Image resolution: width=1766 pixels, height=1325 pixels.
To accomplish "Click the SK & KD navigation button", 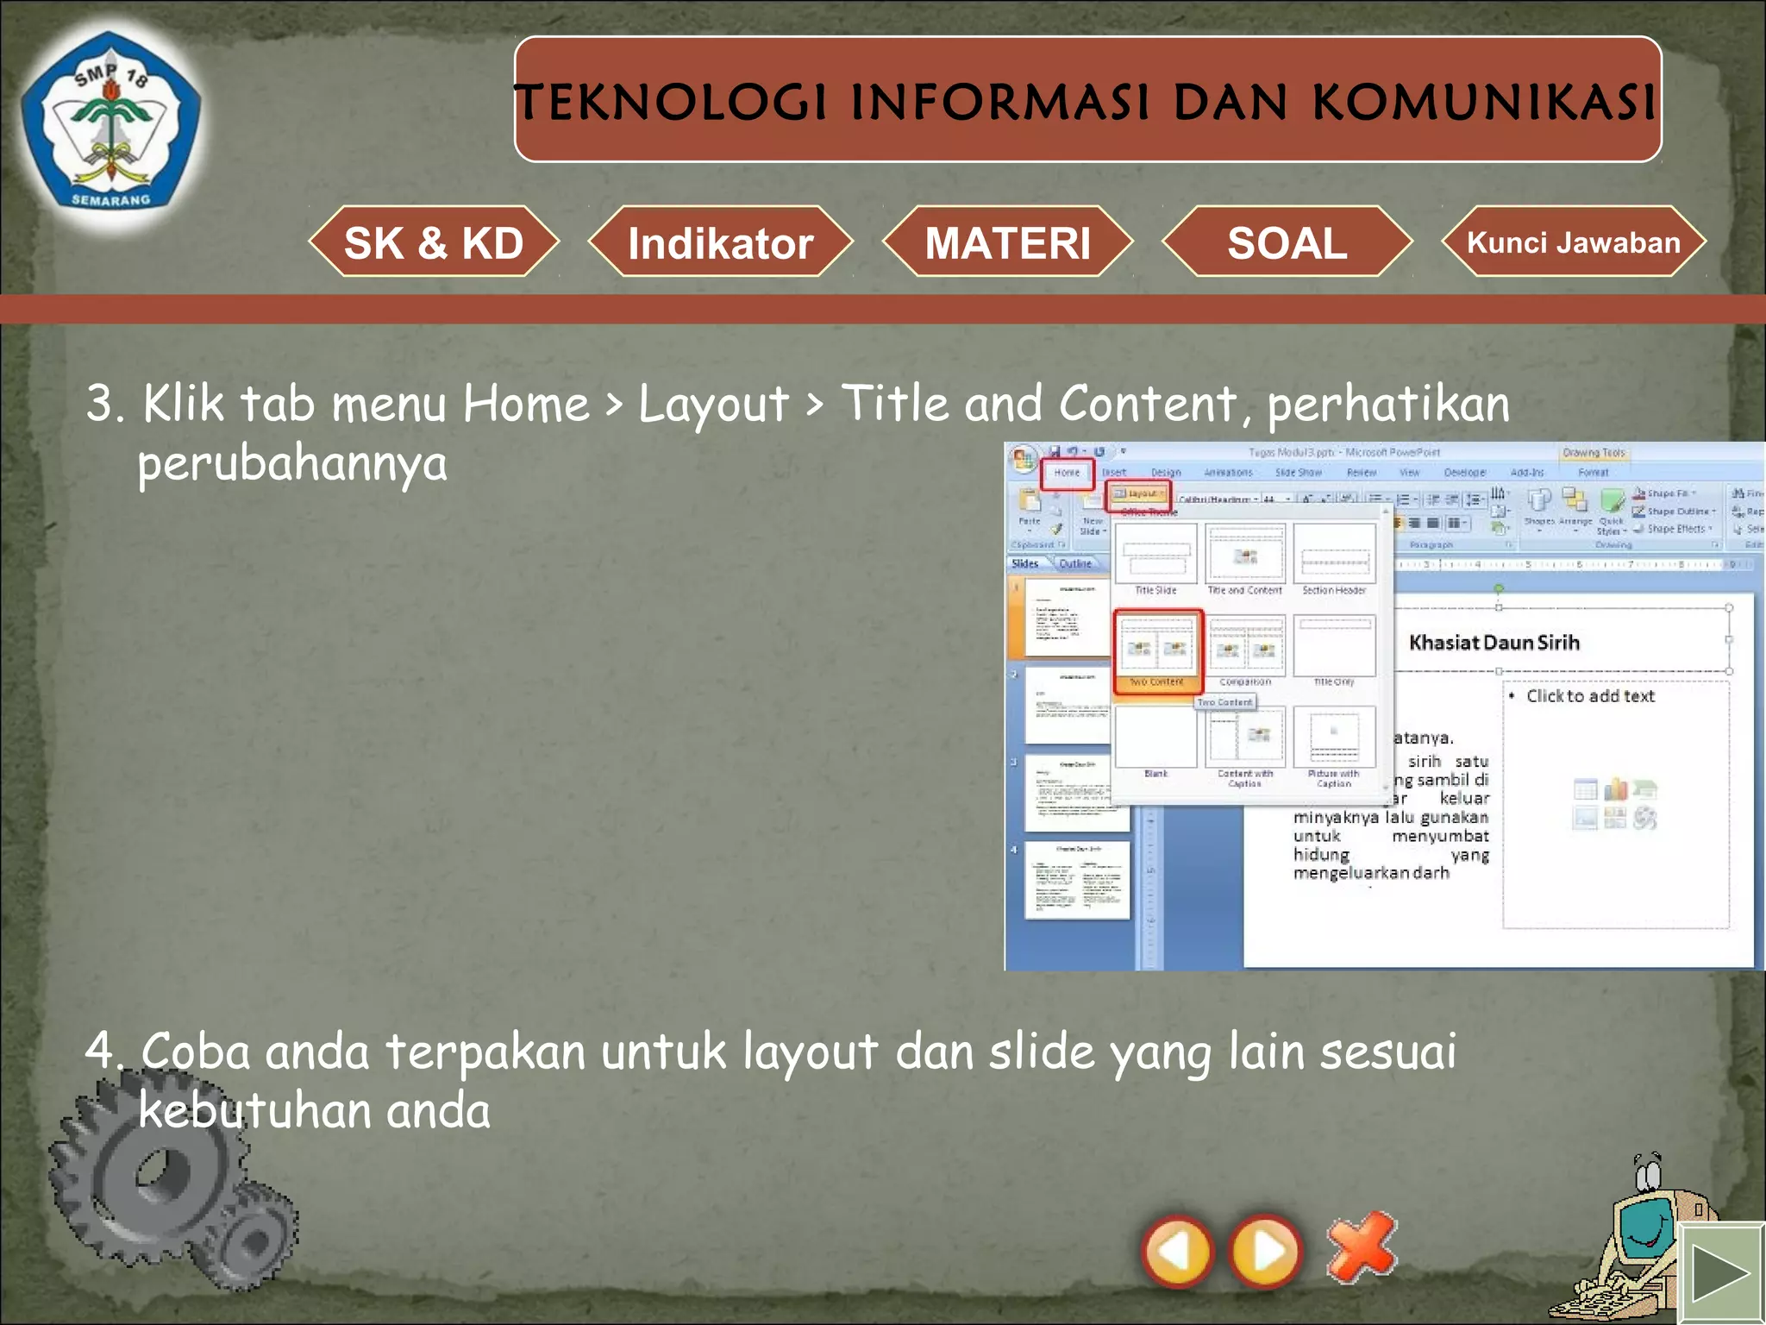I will coord(434,242).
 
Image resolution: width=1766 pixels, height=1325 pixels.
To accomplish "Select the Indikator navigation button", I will coord(720,242).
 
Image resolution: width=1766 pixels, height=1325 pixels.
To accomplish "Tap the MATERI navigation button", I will coord(1007,242).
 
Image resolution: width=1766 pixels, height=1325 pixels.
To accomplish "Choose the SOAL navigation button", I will coord(1287,242).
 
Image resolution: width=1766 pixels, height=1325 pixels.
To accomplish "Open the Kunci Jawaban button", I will coord(1574,242).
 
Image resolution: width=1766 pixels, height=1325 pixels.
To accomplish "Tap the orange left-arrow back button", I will coord(1177,1252).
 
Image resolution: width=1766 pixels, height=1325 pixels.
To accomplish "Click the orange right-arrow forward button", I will coord(1266,1252).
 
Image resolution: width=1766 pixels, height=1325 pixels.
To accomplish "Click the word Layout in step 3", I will coord(713,404).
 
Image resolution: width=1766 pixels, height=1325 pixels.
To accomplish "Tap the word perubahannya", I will coord(292,463).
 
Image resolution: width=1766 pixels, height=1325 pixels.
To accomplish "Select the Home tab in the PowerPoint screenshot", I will coord(1067,473).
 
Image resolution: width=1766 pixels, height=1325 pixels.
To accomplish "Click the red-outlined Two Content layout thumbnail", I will coord(1156,650).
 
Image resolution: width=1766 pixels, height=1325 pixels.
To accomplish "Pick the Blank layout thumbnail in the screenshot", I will coord(1155,738).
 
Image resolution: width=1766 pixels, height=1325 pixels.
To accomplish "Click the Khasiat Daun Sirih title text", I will coord(1494,643).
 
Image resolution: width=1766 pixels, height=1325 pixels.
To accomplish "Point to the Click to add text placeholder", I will coord(1590,696).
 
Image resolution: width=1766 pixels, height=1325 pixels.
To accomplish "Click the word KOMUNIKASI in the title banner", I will coord(1483,103).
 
